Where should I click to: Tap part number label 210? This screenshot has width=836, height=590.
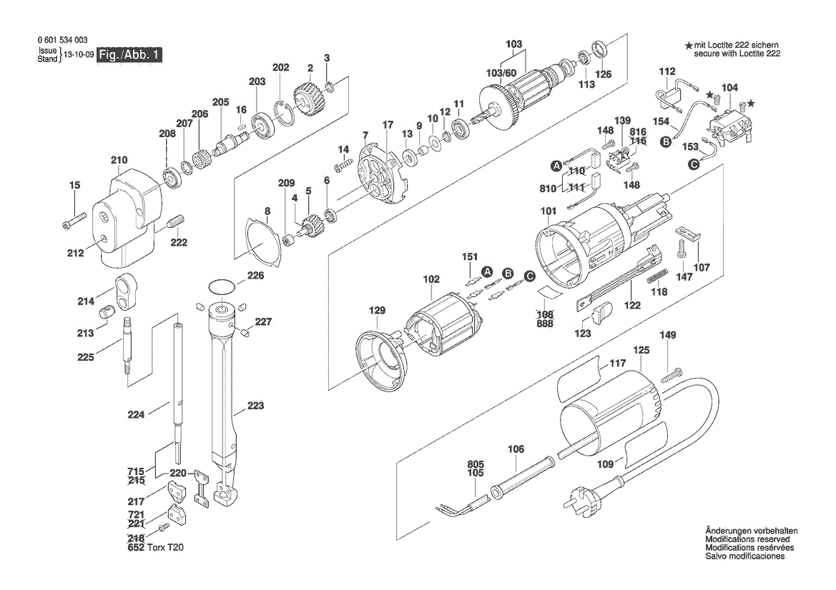[x=119, y=160]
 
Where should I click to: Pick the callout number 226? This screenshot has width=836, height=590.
[x=255, y=275]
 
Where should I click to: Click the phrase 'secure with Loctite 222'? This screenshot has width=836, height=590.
[x=737, y=54]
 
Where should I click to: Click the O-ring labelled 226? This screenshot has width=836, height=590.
[x=222, y=286]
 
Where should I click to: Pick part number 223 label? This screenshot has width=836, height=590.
[x=255, y=406]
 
